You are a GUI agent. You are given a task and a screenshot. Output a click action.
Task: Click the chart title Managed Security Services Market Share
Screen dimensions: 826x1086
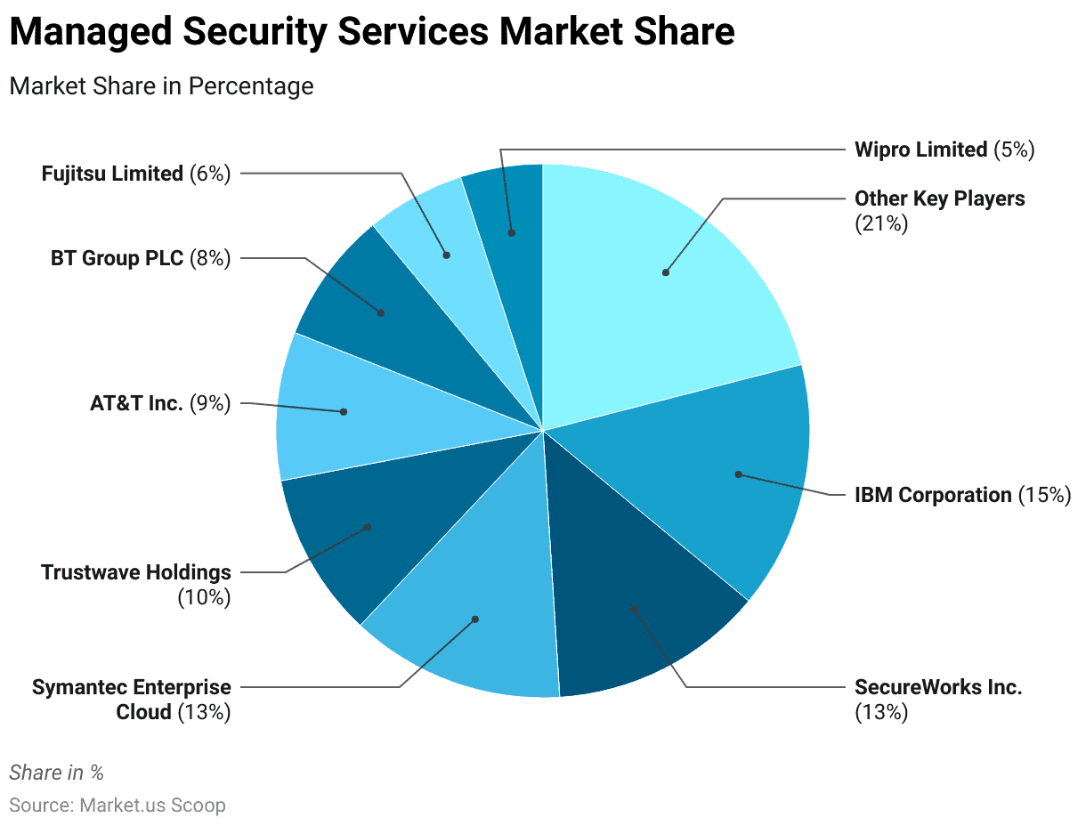point(372,33)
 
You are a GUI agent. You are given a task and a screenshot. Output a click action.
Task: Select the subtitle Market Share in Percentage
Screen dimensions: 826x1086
point(161,86)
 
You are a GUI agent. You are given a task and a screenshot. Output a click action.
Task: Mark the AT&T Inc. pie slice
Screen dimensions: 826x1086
point(343,411)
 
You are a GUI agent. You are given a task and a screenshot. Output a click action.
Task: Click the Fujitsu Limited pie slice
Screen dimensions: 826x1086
point(446,255)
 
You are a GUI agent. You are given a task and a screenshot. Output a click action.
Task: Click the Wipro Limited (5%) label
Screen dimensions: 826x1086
point(944,150)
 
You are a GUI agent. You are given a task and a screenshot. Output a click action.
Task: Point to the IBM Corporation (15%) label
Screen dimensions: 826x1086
point(962,495)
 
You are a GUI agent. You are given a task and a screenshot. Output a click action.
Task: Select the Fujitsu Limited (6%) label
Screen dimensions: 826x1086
point(136,174)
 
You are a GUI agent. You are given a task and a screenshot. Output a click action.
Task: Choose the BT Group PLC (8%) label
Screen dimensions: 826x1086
point(141,259)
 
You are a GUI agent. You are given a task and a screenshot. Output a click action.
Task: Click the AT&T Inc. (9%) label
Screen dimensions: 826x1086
point(160,403)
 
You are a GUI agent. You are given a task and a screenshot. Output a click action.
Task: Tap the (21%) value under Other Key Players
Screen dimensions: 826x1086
point(881,223)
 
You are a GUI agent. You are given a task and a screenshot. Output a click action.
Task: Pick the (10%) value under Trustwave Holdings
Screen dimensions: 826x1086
point(204,597)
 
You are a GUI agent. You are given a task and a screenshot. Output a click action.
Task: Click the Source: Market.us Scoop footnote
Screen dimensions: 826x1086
point(118,806)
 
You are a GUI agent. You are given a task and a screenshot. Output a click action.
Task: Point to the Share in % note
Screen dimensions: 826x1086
point(56,773)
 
